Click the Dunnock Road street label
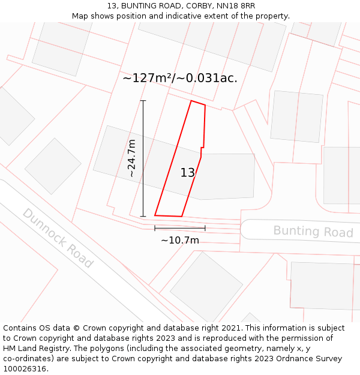click(58, 238)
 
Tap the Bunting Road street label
click(313, 232)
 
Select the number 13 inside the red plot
click(188, 173)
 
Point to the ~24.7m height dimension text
click(132, 158)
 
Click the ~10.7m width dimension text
click(179, 241)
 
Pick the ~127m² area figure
click(147, 78)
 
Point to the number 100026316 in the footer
click(25, 369)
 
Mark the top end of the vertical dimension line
click(143, 101)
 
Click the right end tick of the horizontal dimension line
click(205, 228)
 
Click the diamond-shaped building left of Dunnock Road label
click(53, 166)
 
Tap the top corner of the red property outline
click(191, 101)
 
